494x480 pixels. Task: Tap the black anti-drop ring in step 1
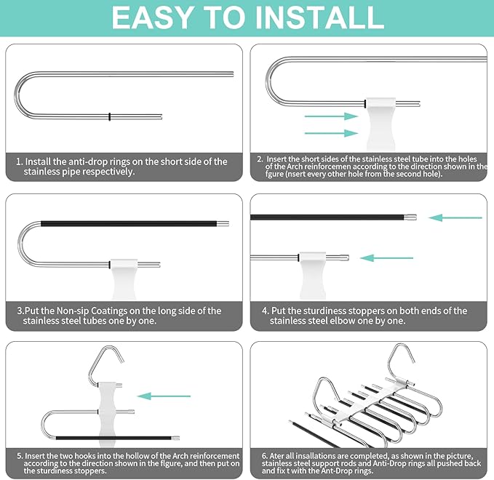(108, 116)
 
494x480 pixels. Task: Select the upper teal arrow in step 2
(332, 116)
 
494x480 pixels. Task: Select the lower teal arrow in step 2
(332, 132)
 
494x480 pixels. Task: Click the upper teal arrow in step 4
(455, 217)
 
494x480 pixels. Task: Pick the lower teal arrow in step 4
(386, 257)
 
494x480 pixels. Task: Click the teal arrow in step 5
(164, 396)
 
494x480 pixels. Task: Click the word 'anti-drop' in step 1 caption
(92, 161)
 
